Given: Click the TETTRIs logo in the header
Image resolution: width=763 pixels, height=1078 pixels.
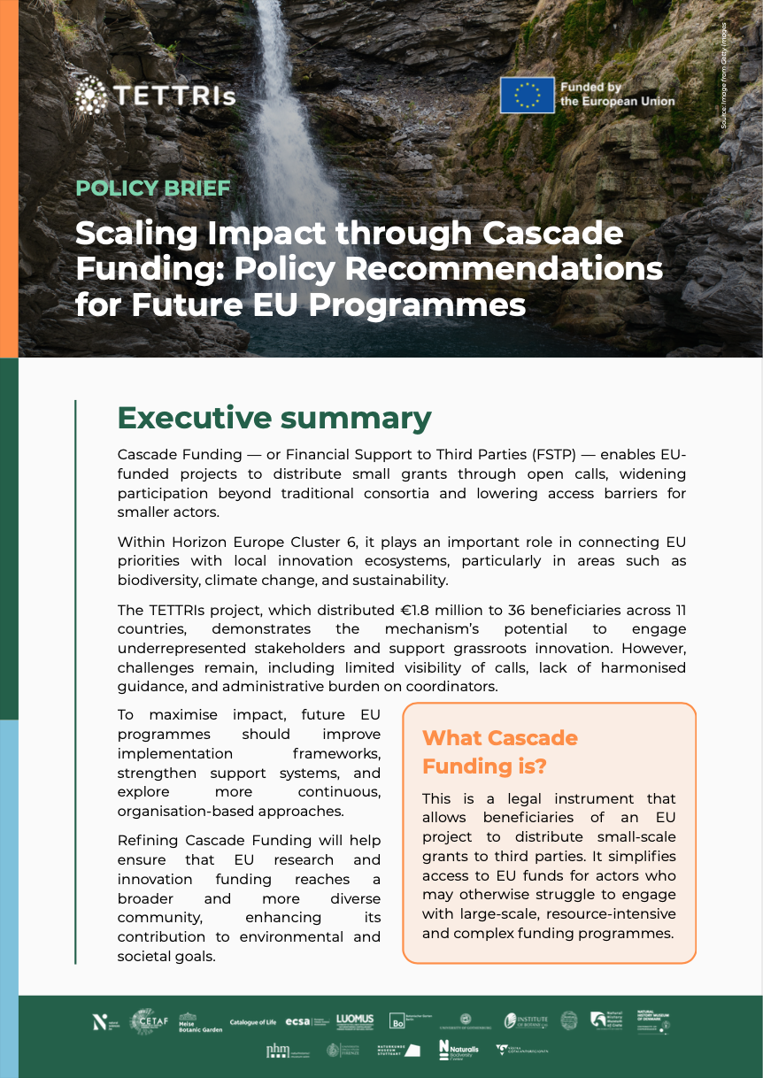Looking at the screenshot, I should tap(156, 93).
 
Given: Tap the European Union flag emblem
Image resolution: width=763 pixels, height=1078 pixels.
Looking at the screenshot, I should tap(527, 95).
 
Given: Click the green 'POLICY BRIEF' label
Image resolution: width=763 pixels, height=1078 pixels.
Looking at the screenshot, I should tap(153, 189).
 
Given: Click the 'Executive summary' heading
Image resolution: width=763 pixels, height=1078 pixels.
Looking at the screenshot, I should tap(274, 417).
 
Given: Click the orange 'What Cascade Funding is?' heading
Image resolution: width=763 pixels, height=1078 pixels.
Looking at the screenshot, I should tap(500, 751).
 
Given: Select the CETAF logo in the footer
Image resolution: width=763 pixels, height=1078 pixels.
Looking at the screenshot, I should tap(144, 1021).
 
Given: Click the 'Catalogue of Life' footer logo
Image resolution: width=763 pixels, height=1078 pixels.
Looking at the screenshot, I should tap(253, 1022).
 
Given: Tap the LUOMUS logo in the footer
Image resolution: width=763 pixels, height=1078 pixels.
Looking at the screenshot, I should tap(355, 1021).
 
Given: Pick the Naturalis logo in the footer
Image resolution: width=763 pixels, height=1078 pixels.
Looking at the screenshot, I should tap(459, 1050).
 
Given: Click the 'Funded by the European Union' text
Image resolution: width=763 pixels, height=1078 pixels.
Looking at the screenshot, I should tap(617, 95).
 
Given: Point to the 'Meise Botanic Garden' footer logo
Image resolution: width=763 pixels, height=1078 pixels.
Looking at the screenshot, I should tap(200, 1023).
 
